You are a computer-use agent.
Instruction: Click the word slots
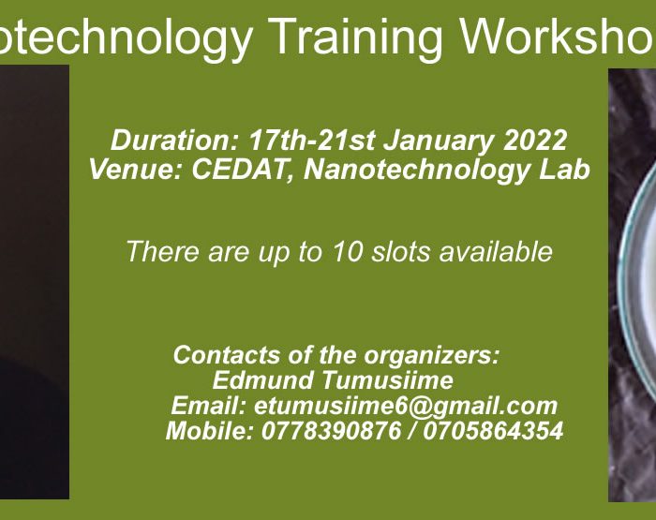click(401, 252)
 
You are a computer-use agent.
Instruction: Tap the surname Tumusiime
click(387, 380)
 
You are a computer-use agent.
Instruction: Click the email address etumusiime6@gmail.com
click(406, 407)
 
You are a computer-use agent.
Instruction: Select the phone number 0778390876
click(331, 431)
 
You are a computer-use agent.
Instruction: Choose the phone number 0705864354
click(493, 431)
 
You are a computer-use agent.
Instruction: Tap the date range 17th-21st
click(311, 141)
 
